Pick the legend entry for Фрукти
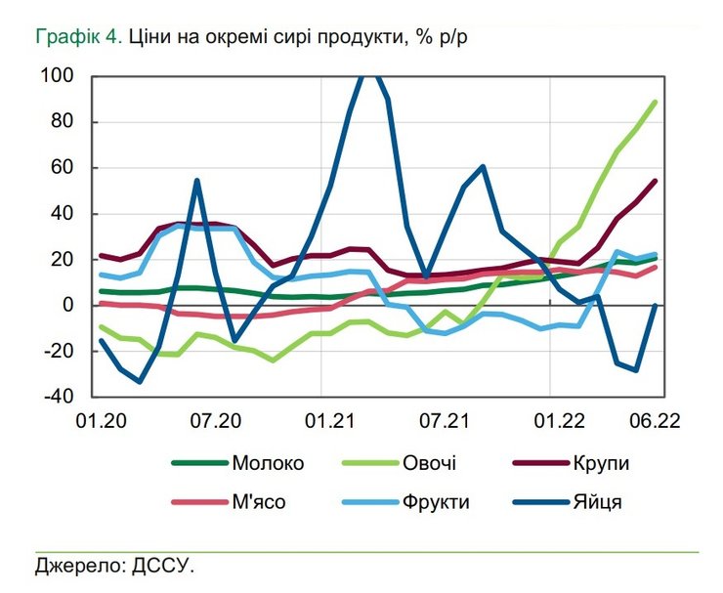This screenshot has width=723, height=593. coord(434,502)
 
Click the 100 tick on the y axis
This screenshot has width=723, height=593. coord(58,76)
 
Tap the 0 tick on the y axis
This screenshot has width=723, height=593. coord(68,306)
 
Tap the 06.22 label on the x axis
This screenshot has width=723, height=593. coord(655,421)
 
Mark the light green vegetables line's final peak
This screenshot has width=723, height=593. coord(655,102)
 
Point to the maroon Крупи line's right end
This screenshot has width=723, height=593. coord(655,181)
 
